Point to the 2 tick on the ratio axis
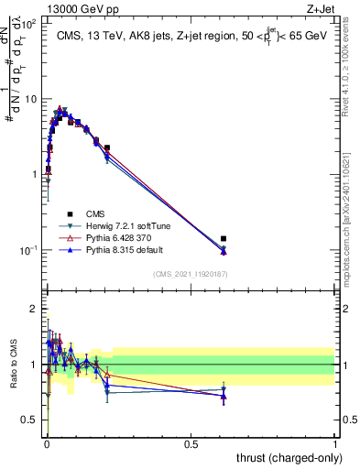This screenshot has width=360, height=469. pyautogui.click(x=33, y=309)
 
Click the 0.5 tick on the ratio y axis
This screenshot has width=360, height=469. pyautogui.click(x=29, y=420)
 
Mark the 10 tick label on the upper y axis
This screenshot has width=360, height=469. pyautogui.click(x=30, y=98)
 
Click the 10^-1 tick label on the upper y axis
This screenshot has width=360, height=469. pyautogui.click(x=28, y=249)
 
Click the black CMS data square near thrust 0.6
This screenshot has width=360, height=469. pyautogui.click(x=224, y=238)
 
